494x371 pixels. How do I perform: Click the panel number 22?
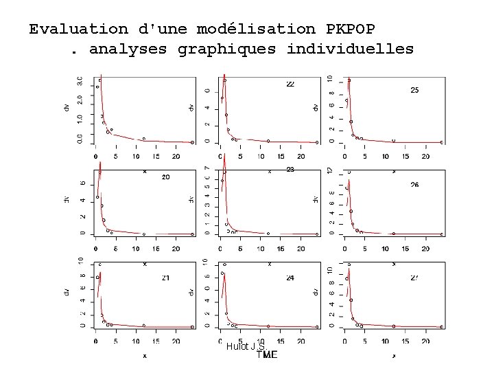290,84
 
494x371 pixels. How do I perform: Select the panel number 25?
415,90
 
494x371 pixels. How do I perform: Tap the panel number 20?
166,177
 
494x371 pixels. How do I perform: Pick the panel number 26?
415,184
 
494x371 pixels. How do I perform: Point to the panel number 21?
166,277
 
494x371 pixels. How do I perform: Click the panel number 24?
290,278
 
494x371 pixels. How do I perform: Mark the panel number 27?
415,278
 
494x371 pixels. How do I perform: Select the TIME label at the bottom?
267,355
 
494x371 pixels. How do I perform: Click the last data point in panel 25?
442,142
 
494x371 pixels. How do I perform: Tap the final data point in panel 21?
193,327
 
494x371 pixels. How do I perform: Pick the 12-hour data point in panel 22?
268,141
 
